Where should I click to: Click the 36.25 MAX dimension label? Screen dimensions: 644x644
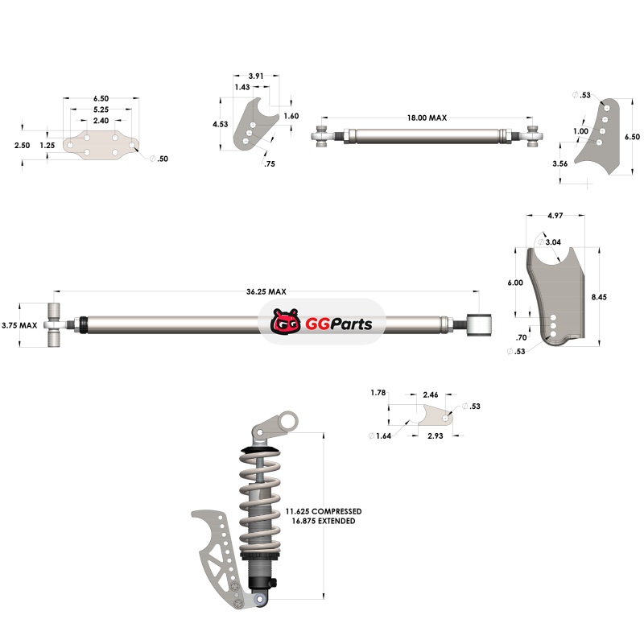(x=266, y=291)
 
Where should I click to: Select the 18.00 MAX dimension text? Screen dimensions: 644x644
(x=427, y=118)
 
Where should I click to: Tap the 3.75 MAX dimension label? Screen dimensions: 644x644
(x=20, y=326)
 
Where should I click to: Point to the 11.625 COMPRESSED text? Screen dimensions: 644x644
(x=324, y=511)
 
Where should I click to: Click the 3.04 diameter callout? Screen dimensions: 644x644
(x=553, y=242)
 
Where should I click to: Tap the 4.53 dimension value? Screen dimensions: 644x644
(x=221, y=125)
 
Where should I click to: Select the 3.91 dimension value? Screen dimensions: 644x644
(x=255, y=76)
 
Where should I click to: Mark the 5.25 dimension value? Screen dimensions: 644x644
(x=101, y=109)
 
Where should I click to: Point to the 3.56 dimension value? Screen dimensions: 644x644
(x=561, y=163)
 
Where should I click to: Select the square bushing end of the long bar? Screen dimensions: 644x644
(x=482, y=324)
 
